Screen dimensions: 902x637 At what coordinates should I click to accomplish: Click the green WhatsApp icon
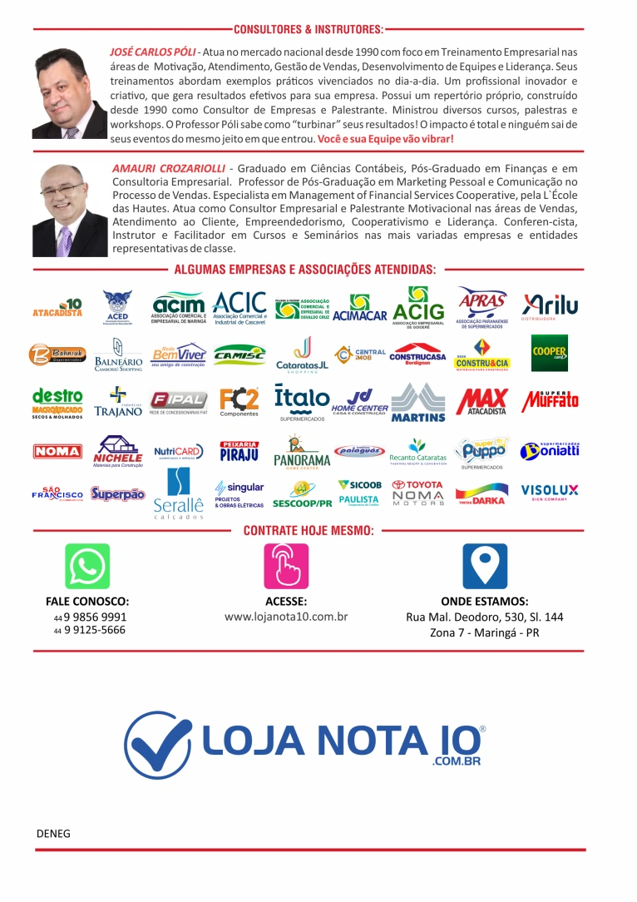(87, 566)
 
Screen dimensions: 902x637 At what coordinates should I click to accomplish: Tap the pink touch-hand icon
(286, 566)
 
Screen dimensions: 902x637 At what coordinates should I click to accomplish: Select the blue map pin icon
(485, 566)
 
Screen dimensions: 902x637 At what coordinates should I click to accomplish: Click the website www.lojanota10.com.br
(286, 617)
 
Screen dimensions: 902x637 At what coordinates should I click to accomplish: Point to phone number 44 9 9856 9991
(91, 617)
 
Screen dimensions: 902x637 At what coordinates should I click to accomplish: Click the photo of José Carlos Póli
(69, 92)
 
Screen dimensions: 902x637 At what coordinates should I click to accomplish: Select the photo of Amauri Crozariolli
(69, 209)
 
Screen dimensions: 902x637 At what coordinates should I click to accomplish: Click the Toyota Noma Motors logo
(418, 492)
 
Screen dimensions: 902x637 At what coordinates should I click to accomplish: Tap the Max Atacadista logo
(481, 401)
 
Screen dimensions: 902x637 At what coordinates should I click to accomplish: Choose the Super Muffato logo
(550, 399)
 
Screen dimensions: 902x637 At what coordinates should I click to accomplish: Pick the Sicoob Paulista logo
(359, 492)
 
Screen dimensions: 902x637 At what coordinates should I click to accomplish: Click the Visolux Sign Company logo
(550, 491)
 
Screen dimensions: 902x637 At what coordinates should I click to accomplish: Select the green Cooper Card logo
(550, 353)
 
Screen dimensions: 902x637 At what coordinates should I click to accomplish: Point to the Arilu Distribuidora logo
(550, 306)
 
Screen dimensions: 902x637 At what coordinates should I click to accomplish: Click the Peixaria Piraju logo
(239, 451)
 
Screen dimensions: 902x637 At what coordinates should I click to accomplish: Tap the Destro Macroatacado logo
(57, 402)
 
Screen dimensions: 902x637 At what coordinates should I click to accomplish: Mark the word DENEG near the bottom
(53, 832)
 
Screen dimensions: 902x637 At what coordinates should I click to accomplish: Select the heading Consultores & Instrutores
(309, 29)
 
